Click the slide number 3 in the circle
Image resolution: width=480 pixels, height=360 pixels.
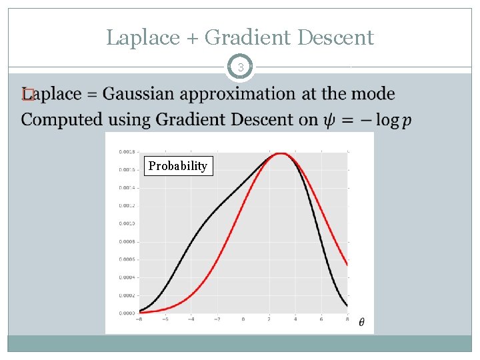pyautogui.click(x=241, y=67)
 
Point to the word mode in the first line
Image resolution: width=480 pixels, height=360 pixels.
pyautogui.click(x=373, y=95)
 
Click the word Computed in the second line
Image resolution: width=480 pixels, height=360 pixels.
pyautogui.click(x=61, y=120)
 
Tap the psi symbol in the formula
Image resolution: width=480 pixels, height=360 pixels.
pyautogui.click(x=331, y=121)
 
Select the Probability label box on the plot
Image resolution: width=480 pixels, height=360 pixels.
pyautogui.click(x=178, y=165)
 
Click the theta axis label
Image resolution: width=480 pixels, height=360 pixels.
pyautogui.click(x=361, y=323)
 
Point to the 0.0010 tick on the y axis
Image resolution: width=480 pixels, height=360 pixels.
pyautogui.click(x=127, y=223)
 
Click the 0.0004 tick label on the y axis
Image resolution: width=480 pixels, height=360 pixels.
pyautogui.click(x=127, y=277)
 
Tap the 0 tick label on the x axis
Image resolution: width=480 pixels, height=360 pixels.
pyautogui.click(x=243, y=319)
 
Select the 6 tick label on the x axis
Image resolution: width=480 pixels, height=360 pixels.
pyautogui.click(x=321, y=319)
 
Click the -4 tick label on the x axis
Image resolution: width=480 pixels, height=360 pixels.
pyautogui.click(x=190, y=319)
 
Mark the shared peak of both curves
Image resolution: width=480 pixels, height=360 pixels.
pyautogui.click(x=281, y=153)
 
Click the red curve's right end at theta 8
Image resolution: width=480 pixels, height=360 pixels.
pyautogui.click(x=347, y=265)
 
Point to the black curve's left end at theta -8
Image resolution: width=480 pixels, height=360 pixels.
pyautogui.click(x=139, y=311)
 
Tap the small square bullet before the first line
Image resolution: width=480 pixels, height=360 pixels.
pyautogui.click(x=26, y=95)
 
